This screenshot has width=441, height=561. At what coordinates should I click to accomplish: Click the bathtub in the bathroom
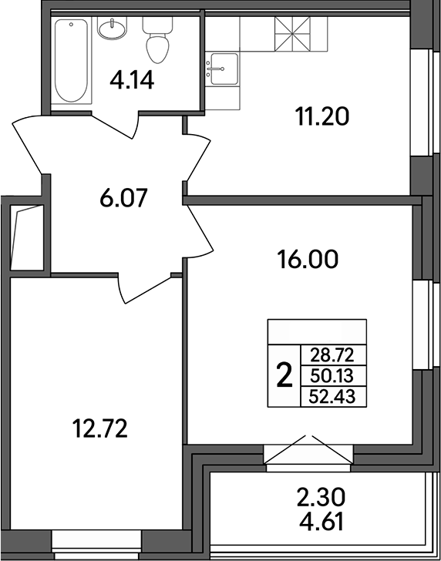click(x=72, y=61)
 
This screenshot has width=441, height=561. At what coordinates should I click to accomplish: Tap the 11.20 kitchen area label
click(x=322, y=117)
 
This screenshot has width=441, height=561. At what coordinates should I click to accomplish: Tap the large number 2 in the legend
click(x=284, y=376)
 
